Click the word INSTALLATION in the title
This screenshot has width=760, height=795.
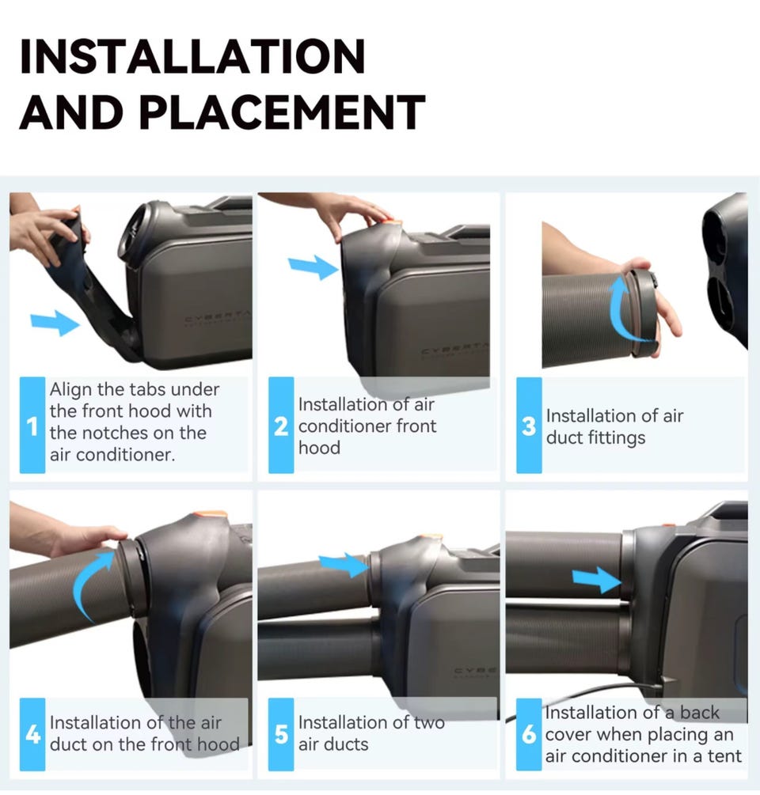[192, 56]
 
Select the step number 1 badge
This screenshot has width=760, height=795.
[32, 426]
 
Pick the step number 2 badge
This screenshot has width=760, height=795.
[281, 426]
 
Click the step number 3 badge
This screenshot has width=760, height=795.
[529, 426]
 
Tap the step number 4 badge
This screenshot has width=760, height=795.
[32, 734]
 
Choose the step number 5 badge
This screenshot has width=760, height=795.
[281, 734]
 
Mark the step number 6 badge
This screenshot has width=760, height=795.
[529, 734]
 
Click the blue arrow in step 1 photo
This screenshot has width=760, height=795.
[55, 323]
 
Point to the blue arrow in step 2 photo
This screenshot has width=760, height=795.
[313, 267]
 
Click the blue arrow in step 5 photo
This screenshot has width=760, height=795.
[344, 564]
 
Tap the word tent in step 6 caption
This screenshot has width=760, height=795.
[725, 756]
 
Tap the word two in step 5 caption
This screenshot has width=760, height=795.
[429, 722]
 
